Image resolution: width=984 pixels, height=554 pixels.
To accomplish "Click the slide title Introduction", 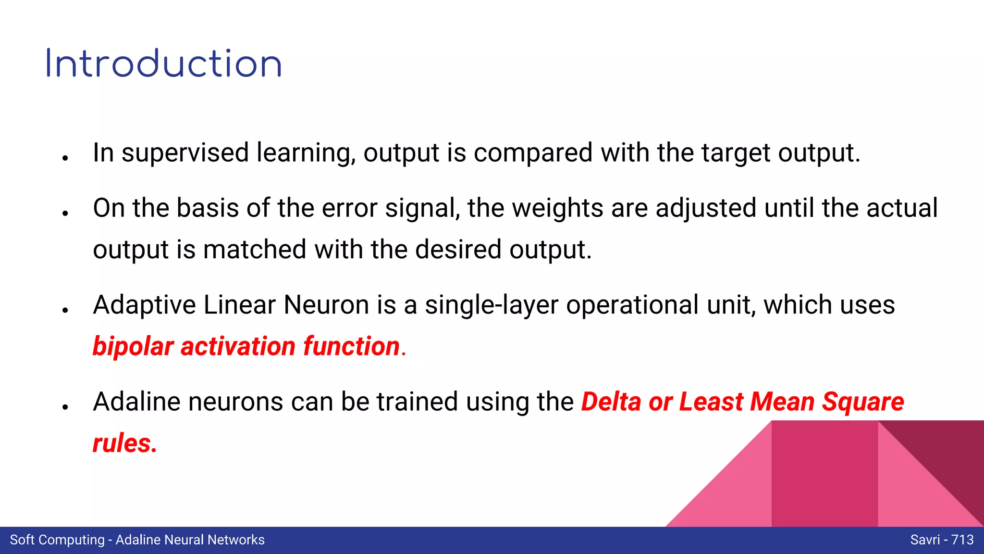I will tap(163, 64).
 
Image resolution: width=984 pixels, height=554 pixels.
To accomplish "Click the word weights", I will tap(557, 209).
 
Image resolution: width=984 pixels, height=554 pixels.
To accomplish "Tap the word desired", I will tap(458, 250).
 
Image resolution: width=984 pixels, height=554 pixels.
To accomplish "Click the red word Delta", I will tap(611, 402).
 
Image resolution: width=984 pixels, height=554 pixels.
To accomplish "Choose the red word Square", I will tap(863, 402).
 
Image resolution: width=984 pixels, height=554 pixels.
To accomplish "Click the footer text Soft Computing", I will tap(57, 540).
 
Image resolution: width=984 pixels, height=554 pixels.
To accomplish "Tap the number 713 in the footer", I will tap(962, 540).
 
